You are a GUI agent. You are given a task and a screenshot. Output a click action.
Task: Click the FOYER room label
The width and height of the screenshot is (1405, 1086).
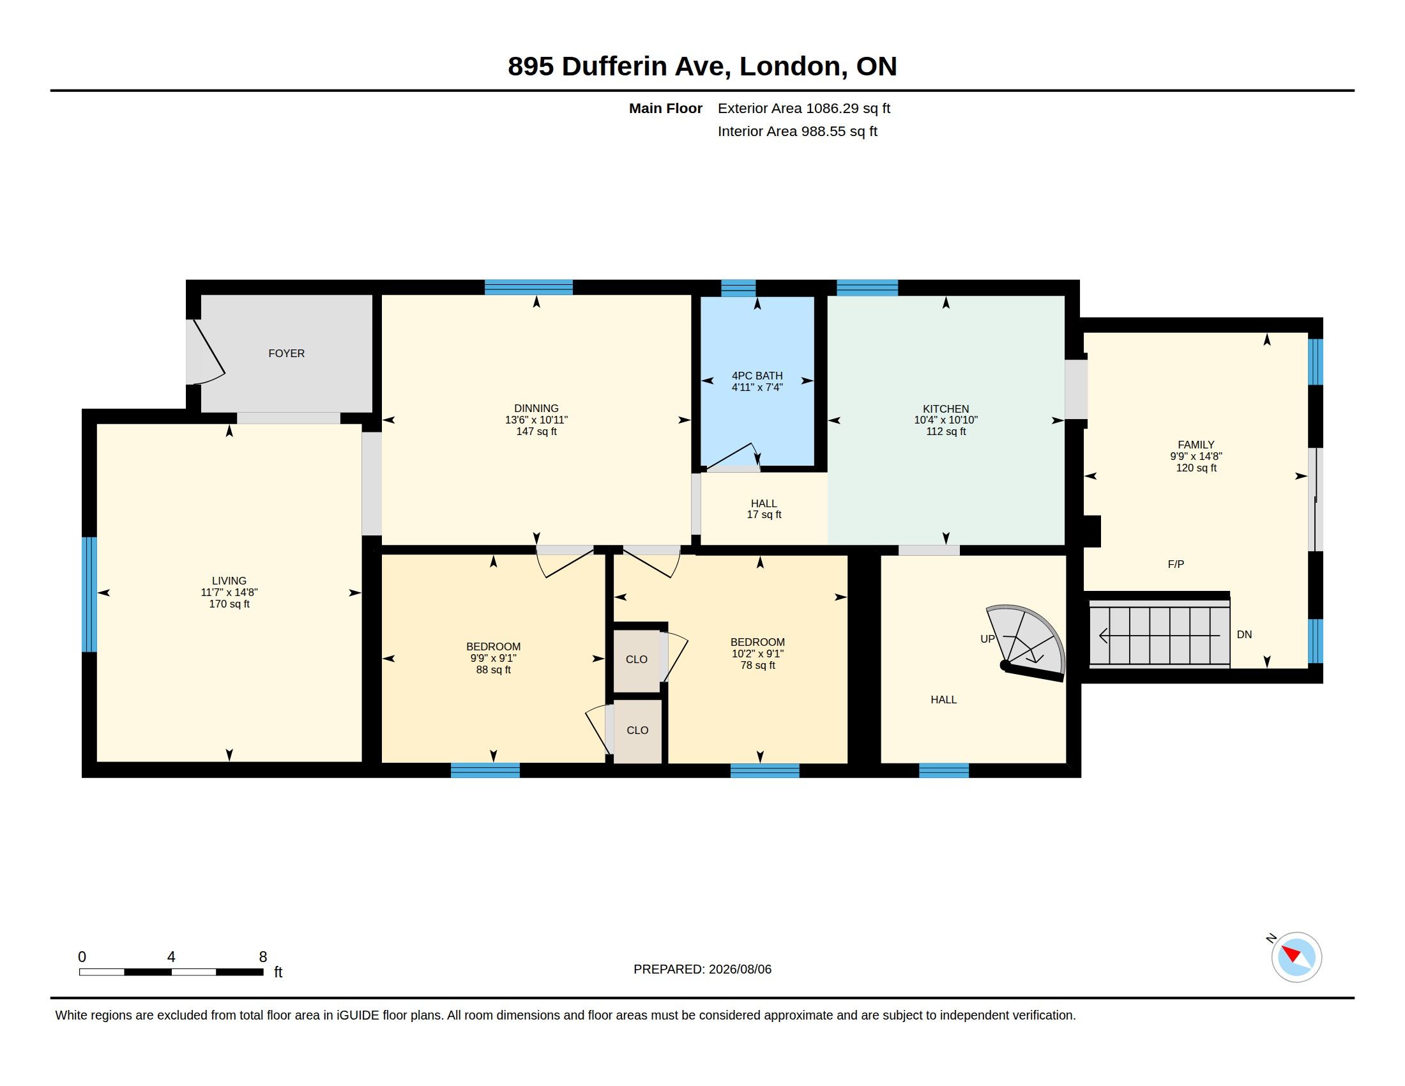point(286,353)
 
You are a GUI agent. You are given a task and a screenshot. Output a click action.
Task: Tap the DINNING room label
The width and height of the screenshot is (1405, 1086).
point(536,408)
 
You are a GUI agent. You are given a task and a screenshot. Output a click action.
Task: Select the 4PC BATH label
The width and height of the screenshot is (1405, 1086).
point(757,376)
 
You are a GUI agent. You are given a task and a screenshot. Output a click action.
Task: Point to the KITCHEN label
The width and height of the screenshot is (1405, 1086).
point(946,409)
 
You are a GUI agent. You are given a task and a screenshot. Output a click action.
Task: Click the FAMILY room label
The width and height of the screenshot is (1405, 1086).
point(1196,445)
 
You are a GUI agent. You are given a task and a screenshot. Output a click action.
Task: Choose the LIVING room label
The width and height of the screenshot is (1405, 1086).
point(229,581)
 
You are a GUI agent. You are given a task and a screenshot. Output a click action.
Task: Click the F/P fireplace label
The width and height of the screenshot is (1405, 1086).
point(1176,564)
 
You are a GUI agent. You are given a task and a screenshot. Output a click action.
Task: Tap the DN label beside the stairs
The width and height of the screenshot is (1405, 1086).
point(1244,634)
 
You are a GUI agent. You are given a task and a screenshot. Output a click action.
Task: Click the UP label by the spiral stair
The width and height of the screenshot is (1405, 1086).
point(987,639)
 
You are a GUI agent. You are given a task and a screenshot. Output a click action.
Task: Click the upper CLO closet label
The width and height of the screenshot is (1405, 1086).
point(637,659)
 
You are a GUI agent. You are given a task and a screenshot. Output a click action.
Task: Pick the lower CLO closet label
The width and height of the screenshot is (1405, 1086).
point(637,730)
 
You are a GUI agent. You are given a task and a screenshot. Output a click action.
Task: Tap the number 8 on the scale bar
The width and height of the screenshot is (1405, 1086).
point(263,957)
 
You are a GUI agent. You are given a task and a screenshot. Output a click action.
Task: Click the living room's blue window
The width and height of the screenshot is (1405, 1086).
point(89,595)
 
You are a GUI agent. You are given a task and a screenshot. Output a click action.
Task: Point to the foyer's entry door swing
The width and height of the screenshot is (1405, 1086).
point(206,352)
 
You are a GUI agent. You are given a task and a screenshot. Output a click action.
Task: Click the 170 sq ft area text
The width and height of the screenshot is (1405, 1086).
point(229,604)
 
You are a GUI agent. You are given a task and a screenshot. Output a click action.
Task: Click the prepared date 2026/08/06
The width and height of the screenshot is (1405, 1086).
point(740,969)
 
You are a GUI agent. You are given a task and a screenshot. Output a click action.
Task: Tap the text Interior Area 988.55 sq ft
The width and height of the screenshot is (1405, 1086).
point(797,131)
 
